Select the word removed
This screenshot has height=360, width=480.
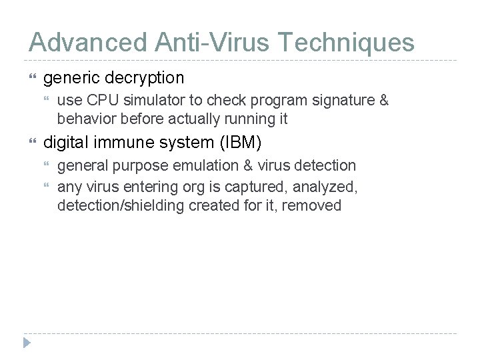click(x=312, y=205)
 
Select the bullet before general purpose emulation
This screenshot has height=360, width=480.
click(x=47, y=165)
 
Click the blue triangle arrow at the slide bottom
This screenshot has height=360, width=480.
click(x=27, y=343)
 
